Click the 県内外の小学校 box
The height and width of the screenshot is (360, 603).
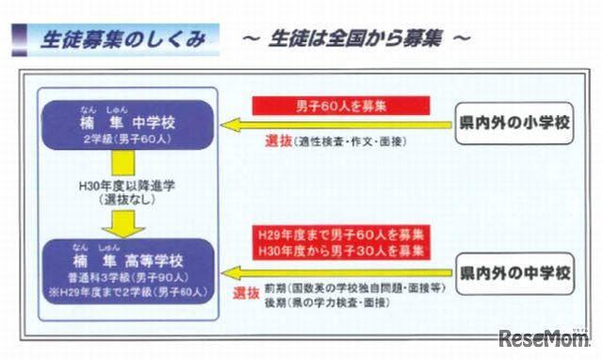(513, 123)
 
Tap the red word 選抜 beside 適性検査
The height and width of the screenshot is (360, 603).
(277, 141)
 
